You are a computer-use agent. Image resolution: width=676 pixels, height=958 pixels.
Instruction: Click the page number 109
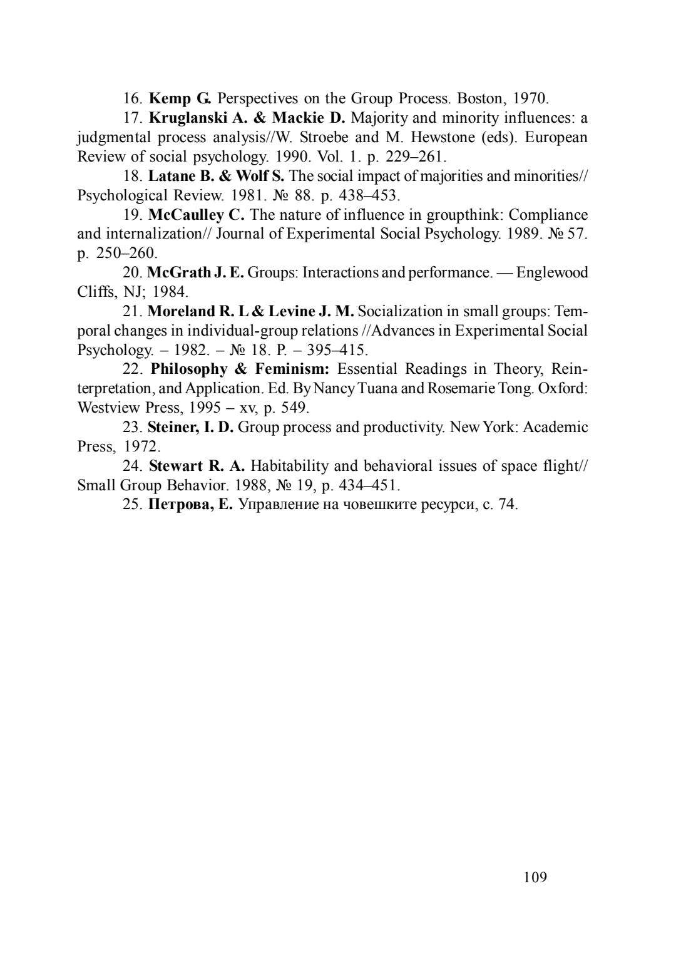pyautogui.click(x=535, y=877)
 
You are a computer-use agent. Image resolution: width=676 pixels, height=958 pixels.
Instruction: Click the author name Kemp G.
pyautogui.click(x=180, y=98)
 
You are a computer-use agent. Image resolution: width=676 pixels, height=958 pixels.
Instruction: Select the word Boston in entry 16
pyautogui.click(x=480, y=98)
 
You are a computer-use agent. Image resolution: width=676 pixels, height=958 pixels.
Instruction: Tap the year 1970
pyautogui.click(x=531, y=98)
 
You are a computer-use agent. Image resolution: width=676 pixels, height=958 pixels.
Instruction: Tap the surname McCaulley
pyautogui.click(x=187, y=215)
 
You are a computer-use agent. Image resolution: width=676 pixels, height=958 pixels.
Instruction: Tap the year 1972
pyautogui.click(x=142, y=446)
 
